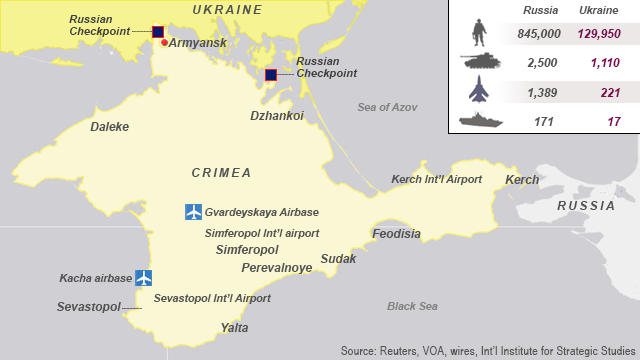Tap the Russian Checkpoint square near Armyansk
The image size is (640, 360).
pos(158,32)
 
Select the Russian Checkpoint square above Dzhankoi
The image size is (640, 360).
pos(271,75)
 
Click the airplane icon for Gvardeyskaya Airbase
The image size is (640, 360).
pos(194,212)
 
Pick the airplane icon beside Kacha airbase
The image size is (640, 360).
pos(143,277)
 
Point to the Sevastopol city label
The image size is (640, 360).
pos(88,305)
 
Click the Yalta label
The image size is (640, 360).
pos(234,328)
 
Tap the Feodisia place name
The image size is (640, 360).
pos(396,234)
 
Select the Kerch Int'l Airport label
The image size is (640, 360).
pos(436,179)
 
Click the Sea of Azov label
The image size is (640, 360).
pos(387,107)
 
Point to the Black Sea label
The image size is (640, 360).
pos(413,306)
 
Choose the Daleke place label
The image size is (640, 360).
pos(109,127)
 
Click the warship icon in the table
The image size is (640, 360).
pos(478,121)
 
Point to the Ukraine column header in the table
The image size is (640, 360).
pos(599,10)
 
